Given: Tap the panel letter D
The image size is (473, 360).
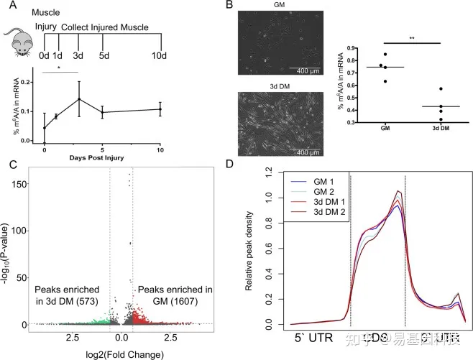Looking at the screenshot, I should [248, 165].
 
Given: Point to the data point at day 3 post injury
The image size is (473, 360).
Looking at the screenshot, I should [78, 99].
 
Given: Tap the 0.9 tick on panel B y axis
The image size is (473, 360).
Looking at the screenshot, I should [349, 47].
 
